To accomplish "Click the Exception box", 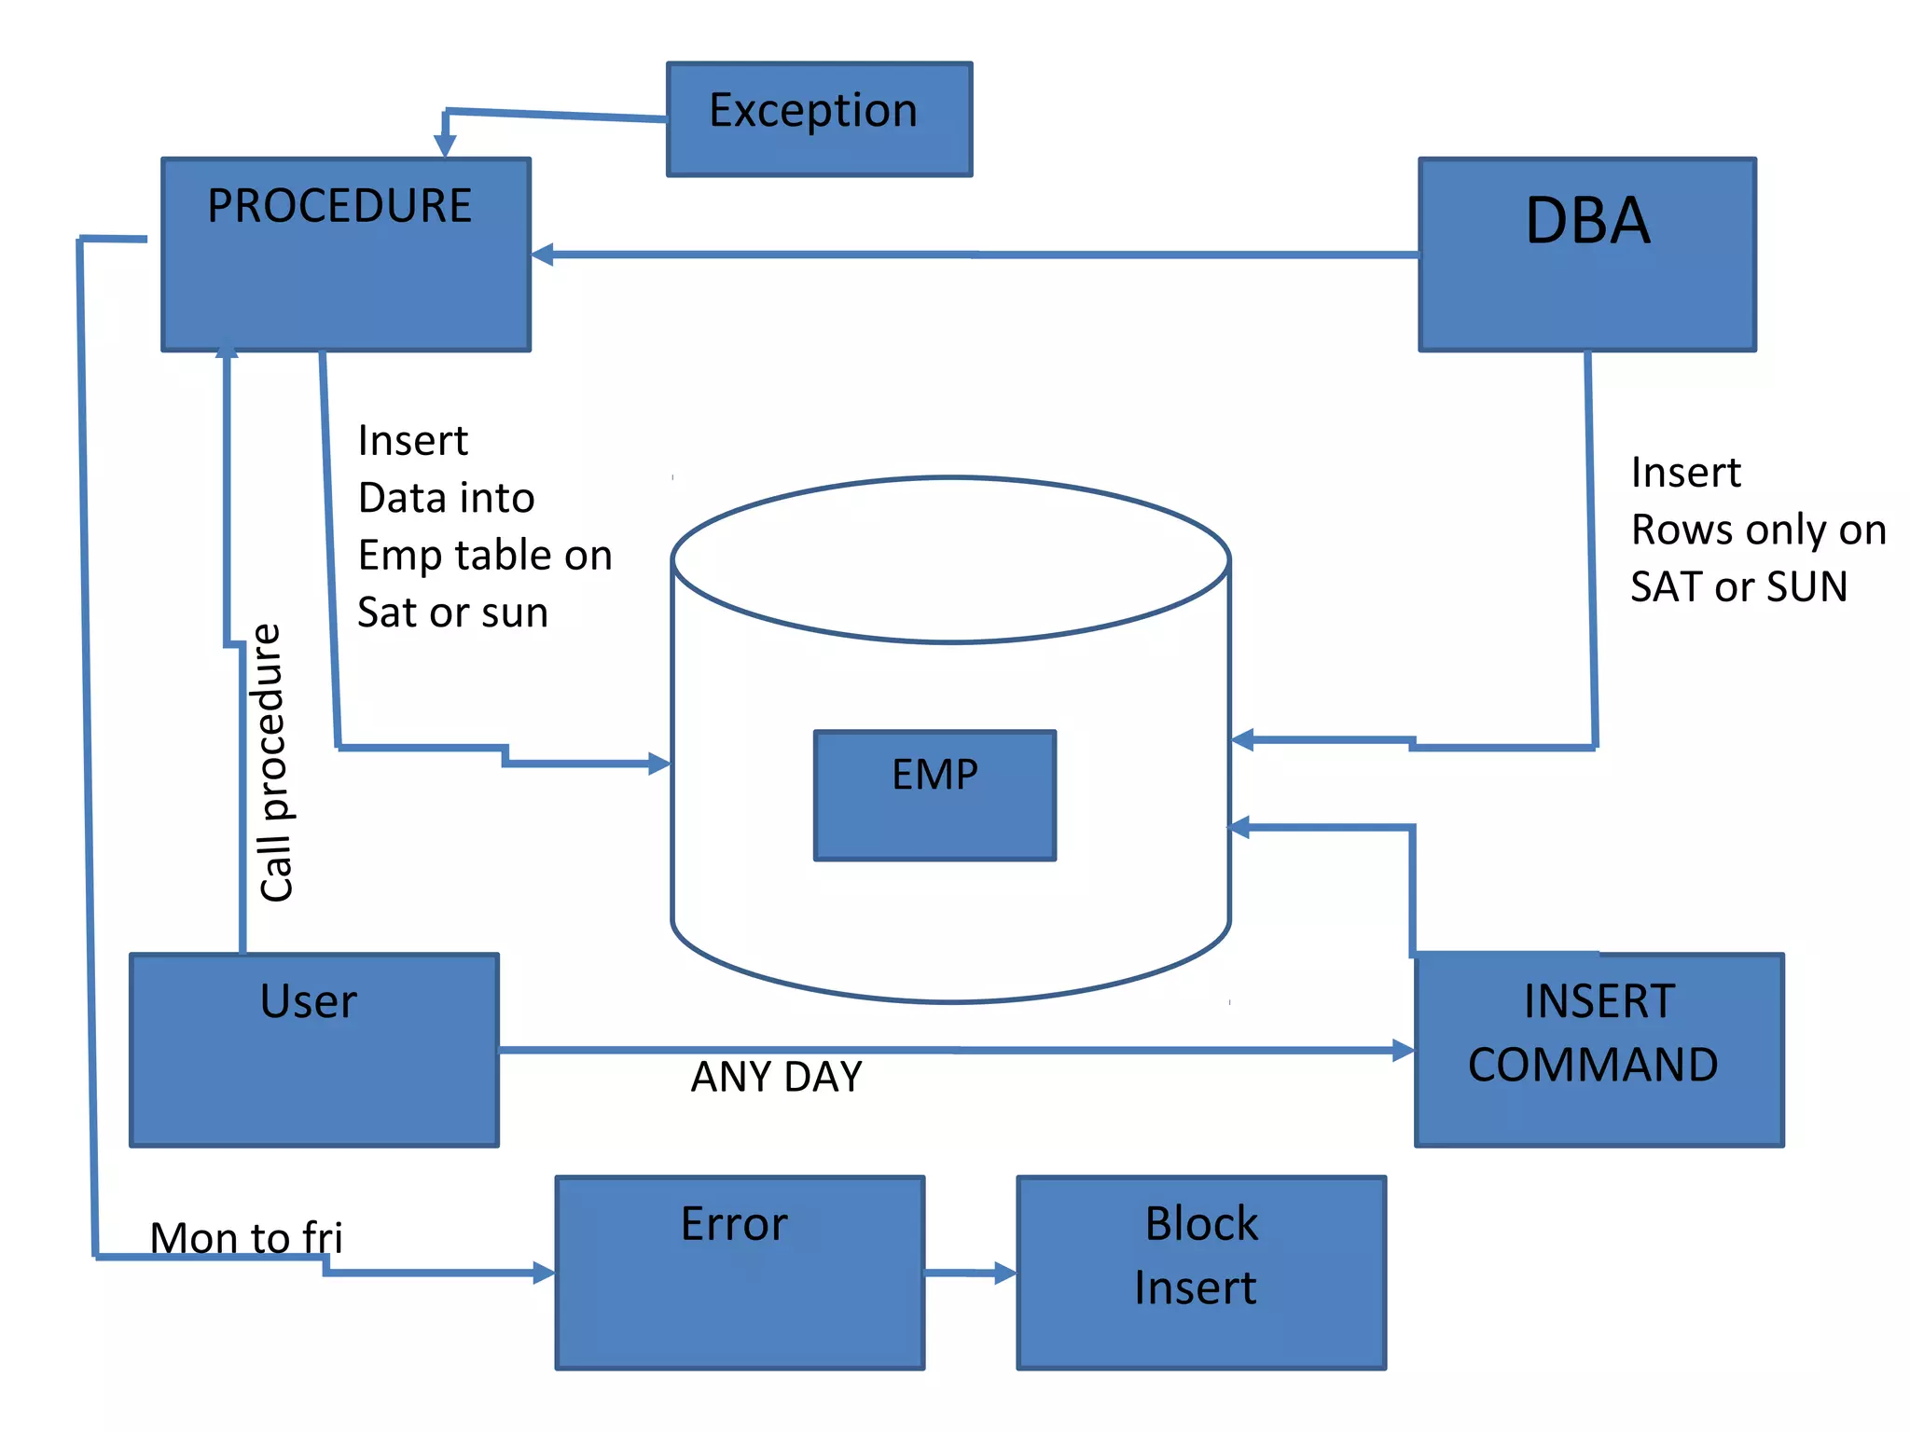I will (819, 119).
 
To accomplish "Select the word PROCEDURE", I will (339, 206).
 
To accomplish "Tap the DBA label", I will (1587, 222).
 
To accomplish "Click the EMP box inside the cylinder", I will (934, 794).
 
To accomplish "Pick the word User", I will (309, 1001).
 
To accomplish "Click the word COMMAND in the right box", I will (1593, 1065).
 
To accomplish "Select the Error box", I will (740, 1273).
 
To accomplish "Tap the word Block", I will (1201, 1223).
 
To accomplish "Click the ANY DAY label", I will (777, 1077).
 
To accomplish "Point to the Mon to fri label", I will (246, 1238).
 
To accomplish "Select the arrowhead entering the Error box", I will (545, 1273).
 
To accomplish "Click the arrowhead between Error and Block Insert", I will (1005, 1273).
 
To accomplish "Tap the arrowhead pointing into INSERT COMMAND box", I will (1404, 1051).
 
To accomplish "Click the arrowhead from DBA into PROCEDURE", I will (543, 255).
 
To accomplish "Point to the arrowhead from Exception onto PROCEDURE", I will (445, 146).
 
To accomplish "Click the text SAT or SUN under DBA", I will (1738, 586).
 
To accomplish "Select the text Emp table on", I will (485, 556).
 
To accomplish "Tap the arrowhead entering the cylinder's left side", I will (659, 764).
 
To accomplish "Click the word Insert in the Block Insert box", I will (1196, 1287).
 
